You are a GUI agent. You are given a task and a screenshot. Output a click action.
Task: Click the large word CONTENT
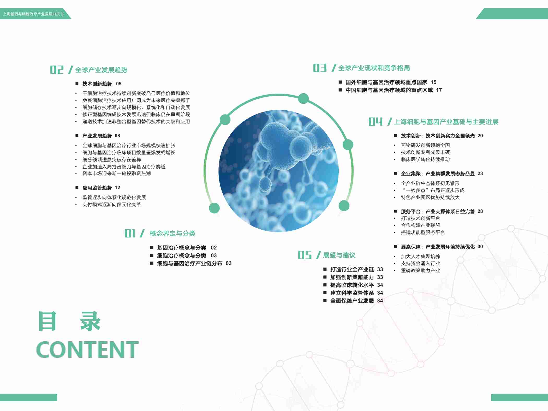pos(87,349)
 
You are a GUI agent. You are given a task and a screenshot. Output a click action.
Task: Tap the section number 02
pos(57,70)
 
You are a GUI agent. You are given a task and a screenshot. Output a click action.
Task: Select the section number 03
pos(320,68)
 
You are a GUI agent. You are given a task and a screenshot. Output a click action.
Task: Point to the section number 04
pos(376,122)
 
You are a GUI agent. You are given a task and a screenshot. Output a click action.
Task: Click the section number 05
pos(305,255)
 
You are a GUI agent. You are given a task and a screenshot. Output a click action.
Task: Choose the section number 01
pos(130,233)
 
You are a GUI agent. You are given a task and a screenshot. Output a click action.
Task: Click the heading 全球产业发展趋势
pos(101,70)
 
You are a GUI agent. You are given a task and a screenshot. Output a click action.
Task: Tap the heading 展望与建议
pos(339,255)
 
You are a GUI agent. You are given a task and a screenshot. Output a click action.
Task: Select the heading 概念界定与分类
pos(172,234)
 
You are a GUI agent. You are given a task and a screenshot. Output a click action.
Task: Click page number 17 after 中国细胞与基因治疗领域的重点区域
pos(439,90)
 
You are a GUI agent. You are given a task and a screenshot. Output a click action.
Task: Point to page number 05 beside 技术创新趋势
pos(119,84)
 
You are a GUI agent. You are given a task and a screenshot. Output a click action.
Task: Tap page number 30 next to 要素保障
pos(480,247)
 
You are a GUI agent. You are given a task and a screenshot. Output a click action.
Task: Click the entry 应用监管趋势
pos(97,188)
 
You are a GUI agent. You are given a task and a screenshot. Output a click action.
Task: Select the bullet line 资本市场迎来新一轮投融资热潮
pos(117,174)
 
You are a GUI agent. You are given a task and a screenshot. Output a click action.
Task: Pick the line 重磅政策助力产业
pos(420,271)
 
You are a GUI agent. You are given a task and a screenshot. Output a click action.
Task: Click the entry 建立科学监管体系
pos(352,293)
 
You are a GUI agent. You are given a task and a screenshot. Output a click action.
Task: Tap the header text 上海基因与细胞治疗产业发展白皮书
pos(33,14)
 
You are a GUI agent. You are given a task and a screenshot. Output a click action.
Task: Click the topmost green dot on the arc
pos(303,98)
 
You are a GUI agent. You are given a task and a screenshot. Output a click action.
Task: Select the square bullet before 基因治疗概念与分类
pos(152,247)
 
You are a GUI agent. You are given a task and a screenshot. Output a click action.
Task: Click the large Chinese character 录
pos(90,321)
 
